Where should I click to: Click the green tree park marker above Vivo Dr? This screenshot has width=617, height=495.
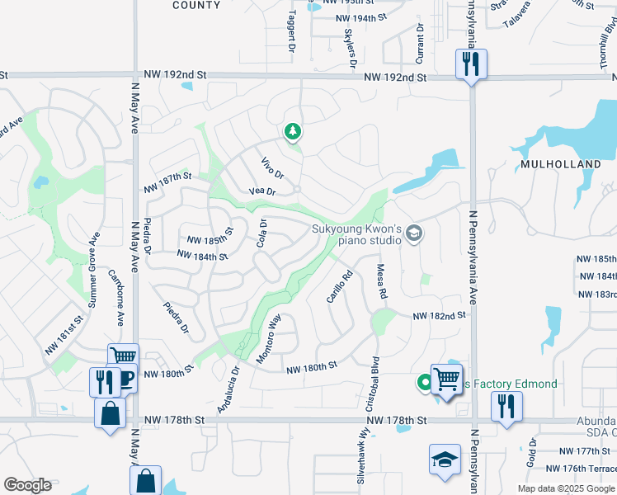click(x=291, y=131)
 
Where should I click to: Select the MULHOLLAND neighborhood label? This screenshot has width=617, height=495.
click(x=560, y=164)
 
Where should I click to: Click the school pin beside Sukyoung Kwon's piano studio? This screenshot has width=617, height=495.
click(x=414, y=235)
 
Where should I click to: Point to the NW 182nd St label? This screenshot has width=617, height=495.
click(x=439, y=315)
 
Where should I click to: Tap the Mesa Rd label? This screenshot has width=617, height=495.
click(x=382, y=280)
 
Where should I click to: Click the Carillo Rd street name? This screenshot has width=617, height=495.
click(x=340, y=285)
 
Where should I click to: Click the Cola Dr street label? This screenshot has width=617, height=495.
click(x=262, y=233)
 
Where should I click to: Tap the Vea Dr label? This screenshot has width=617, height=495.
click(x=261, y=191)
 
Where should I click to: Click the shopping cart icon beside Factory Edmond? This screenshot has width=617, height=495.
click(x=446, y=379)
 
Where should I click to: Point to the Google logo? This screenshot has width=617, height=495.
click(x=27, y=485)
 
